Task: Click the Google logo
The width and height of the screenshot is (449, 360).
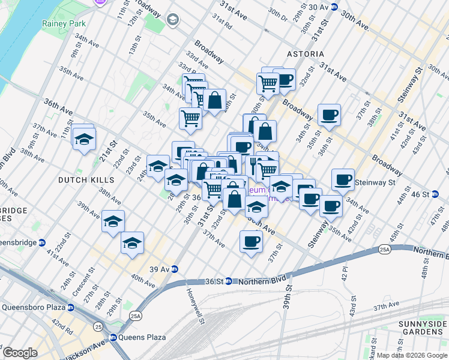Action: click(20, 352)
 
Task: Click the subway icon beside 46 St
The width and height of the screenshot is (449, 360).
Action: click(443, 194)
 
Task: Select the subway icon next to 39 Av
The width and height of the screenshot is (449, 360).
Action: click(175, 269)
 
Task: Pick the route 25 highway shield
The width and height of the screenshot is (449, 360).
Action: click(98, 326)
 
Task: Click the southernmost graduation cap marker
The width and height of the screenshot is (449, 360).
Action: click(132, 243)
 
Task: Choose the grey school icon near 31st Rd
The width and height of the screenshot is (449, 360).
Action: click(173, 20)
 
